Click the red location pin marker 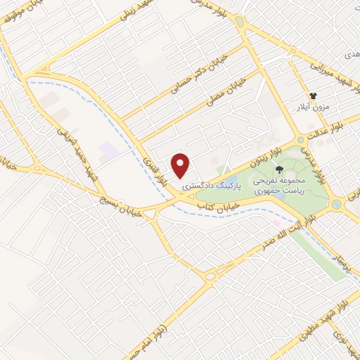pos(181,165)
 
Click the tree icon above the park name pos(280,169)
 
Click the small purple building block pos(108,150)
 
